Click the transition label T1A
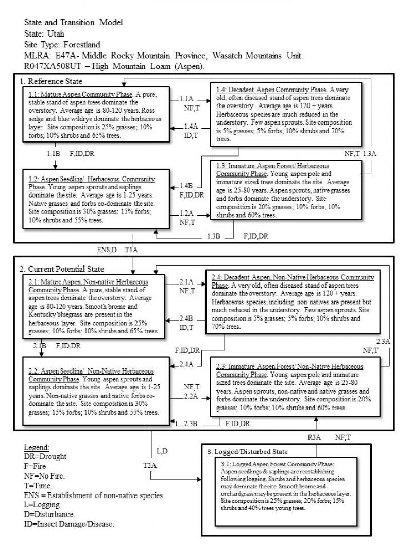[x=131, y=250]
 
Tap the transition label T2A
[x=150, y=465]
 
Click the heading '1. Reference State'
[x=51, y=81]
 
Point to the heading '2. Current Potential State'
[x=62, y=269]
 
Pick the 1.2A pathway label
[x=187, y=214]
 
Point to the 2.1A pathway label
[x=186, y=282]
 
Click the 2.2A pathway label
[x=191, y=396]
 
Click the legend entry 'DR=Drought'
[x=45, y=456]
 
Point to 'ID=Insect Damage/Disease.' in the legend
[x=69, y=524]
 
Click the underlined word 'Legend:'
[x=37, y=447]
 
